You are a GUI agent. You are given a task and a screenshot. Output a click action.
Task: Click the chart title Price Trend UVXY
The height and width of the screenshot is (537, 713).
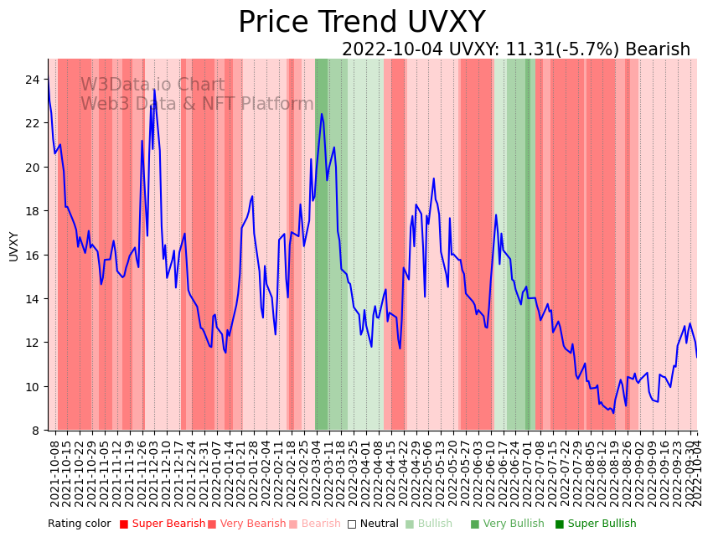click(x=361, y=23)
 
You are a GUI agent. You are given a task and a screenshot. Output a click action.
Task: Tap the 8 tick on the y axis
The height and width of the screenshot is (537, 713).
click(x=36, y=431)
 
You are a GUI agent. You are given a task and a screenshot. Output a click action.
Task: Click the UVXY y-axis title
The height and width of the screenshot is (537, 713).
click(x=14, y=246)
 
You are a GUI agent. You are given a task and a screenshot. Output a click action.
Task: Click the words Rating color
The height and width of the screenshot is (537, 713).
click(x=79, y=524)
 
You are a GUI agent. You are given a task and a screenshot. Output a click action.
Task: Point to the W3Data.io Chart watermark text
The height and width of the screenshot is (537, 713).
click(x=152, y=85)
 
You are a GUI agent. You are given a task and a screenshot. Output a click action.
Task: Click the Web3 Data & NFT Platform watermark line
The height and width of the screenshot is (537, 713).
click(x=197, y=105)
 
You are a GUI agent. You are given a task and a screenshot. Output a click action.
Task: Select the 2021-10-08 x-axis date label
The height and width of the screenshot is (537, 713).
click(x=55, y=472)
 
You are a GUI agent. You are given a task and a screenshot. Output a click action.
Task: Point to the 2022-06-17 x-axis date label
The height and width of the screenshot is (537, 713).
click(x=502, y=472)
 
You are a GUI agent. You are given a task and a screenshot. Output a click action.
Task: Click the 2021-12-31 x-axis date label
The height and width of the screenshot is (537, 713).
click(x=204, y=472)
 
